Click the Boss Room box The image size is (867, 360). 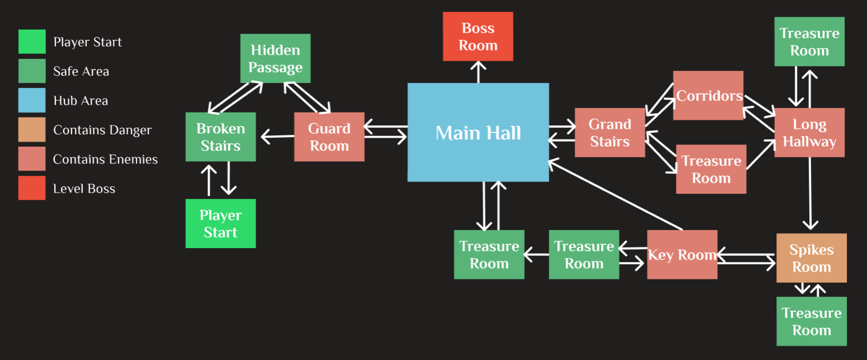point(478,36)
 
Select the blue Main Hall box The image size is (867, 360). point(478,132)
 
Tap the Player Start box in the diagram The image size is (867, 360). point(221,223)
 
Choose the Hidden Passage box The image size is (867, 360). point(275,58)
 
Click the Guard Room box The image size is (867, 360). point(329,137)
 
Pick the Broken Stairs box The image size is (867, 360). point(221,137)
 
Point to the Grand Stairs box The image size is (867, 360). point(609,133)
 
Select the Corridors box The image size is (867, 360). point(708,95)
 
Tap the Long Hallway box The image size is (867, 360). point(809,133)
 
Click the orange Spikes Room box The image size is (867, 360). point(811,258)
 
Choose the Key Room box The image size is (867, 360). point(682,255)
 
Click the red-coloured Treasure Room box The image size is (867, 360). point(711,169)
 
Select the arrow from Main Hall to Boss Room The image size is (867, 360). point(478,72)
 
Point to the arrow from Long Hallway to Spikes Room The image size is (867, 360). point(810,193)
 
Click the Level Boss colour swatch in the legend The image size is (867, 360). point(32,188)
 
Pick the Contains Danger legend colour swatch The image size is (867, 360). point(32,130)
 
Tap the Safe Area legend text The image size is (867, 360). point(81,71)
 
